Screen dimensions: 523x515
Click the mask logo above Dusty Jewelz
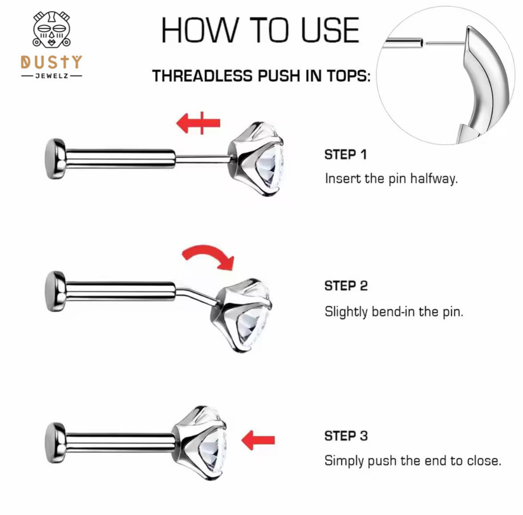pos(51,29)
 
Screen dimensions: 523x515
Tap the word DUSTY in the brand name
pos(51,62)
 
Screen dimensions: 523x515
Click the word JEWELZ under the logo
pos(52,76)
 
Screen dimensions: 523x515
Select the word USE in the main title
pos(330,30)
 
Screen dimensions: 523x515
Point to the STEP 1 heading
pos(346,154)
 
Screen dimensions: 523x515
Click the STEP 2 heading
pos(346,286)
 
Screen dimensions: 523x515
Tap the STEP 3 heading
pos(346,436)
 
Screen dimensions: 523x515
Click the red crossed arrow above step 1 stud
pos(198,123)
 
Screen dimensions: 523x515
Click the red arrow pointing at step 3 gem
pos(258,440)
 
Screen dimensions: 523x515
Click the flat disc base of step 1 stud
pos(55,159)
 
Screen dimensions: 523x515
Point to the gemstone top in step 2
pos(241,315)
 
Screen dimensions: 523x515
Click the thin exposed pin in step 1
pos(202,158)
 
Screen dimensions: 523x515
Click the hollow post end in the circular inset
pos(421,43)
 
